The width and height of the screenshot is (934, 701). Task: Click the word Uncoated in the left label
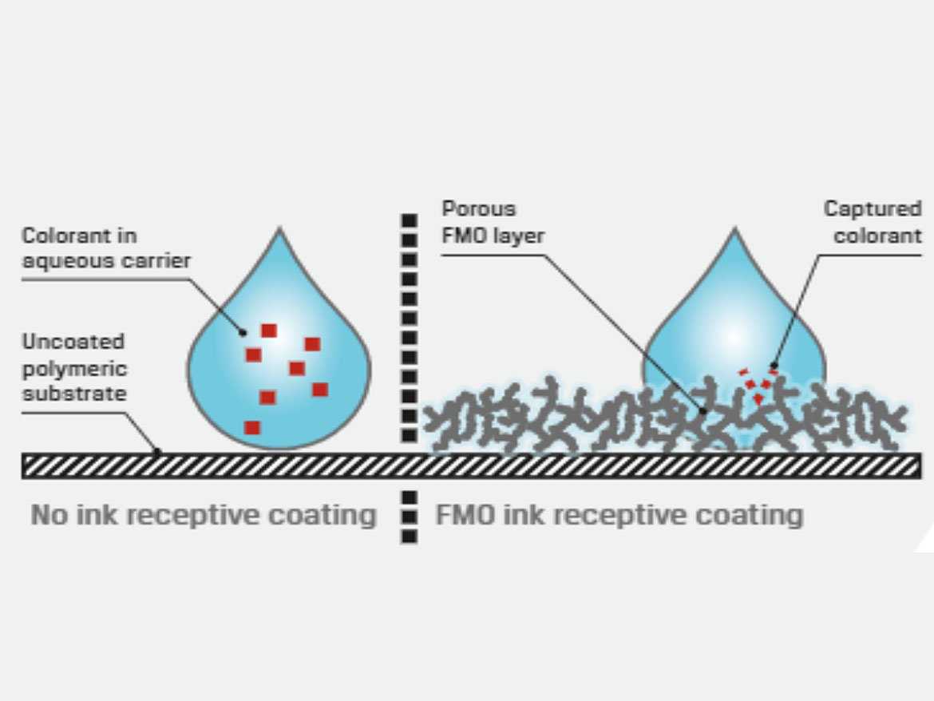pos(73,342)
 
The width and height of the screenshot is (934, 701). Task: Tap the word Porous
pos(479,209)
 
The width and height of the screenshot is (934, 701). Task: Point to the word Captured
pos(873,209)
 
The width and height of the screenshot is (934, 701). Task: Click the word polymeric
pos(74,368)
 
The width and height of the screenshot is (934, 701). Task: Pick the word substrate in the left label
pos(73,394)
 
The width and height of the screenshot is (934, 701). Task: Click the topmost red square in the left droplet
pos(269,331)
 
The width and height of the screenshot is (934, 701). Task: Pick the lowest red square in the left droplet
pos(252,427)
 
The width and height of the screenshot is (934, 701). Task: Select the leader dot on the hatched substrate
pos(157,452)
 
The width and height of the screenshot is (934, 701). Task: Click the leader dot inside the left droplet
pos(243,331)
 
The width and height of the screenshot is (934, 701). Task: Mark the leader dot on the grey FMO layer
pos(702,412)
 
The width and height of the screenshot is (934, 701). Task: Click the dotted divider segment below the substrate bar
pos(409,517)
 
